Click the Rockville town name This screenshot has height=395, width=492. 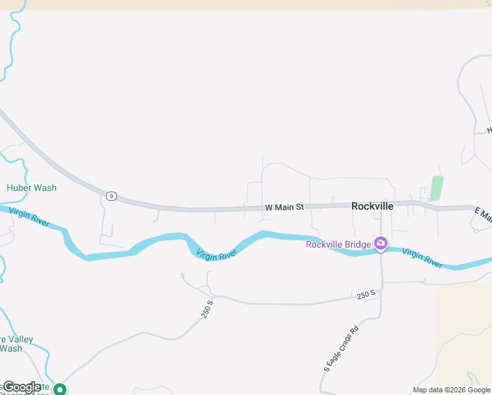[372, 206]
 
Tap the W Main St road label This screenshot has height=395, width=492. [284, 207]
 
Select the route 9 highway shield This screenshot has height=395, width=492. [111, 196]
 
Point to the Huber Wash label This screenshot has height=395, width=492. [32, 188]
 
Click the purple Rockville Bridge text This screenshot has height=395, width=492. [339, 245]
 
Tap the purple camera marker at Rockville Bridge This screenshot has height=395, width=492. [381, 244]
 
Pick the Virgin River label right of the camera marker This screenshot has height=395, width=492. [422, 257]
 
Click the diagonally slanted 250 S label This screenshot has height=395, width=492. [207, 309]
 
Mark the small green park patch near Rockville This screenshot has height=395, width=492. [436, 188]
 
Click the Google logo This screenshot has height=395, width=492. [21, 387]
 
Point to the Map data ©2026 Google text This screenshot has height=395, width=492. [451, 390]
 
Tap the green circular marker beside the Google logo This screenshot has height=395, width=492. [60, 389]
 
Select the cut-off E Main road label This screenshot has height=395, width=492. [483, 214]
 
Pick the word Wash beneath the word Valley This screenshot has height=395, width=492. [11, 348]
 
